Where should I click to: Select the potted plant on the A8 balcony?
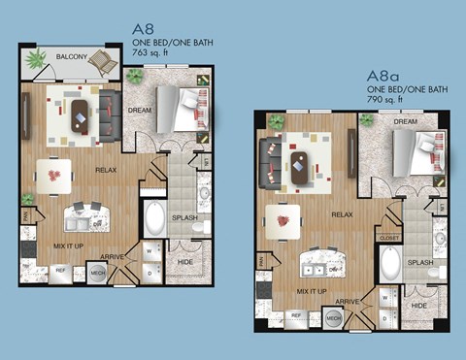(x=37, y=60)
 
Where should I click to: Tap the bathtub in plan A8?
(x=154, y=219)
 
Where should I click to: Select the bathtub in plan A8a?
(x=389, y=265)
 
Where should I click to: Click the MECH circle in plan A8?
(x=97, y=274)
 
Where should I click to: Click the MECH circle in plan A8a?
(x=332, y=318)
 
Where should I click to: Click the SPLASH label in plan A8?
(x=184, y=217)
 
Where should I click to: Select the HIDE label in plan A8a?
(x=418, y=306)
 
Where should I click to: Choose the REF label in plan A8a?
(x=296, y=316)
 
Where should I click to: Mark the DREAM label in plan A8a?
(x=405, y=122)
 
